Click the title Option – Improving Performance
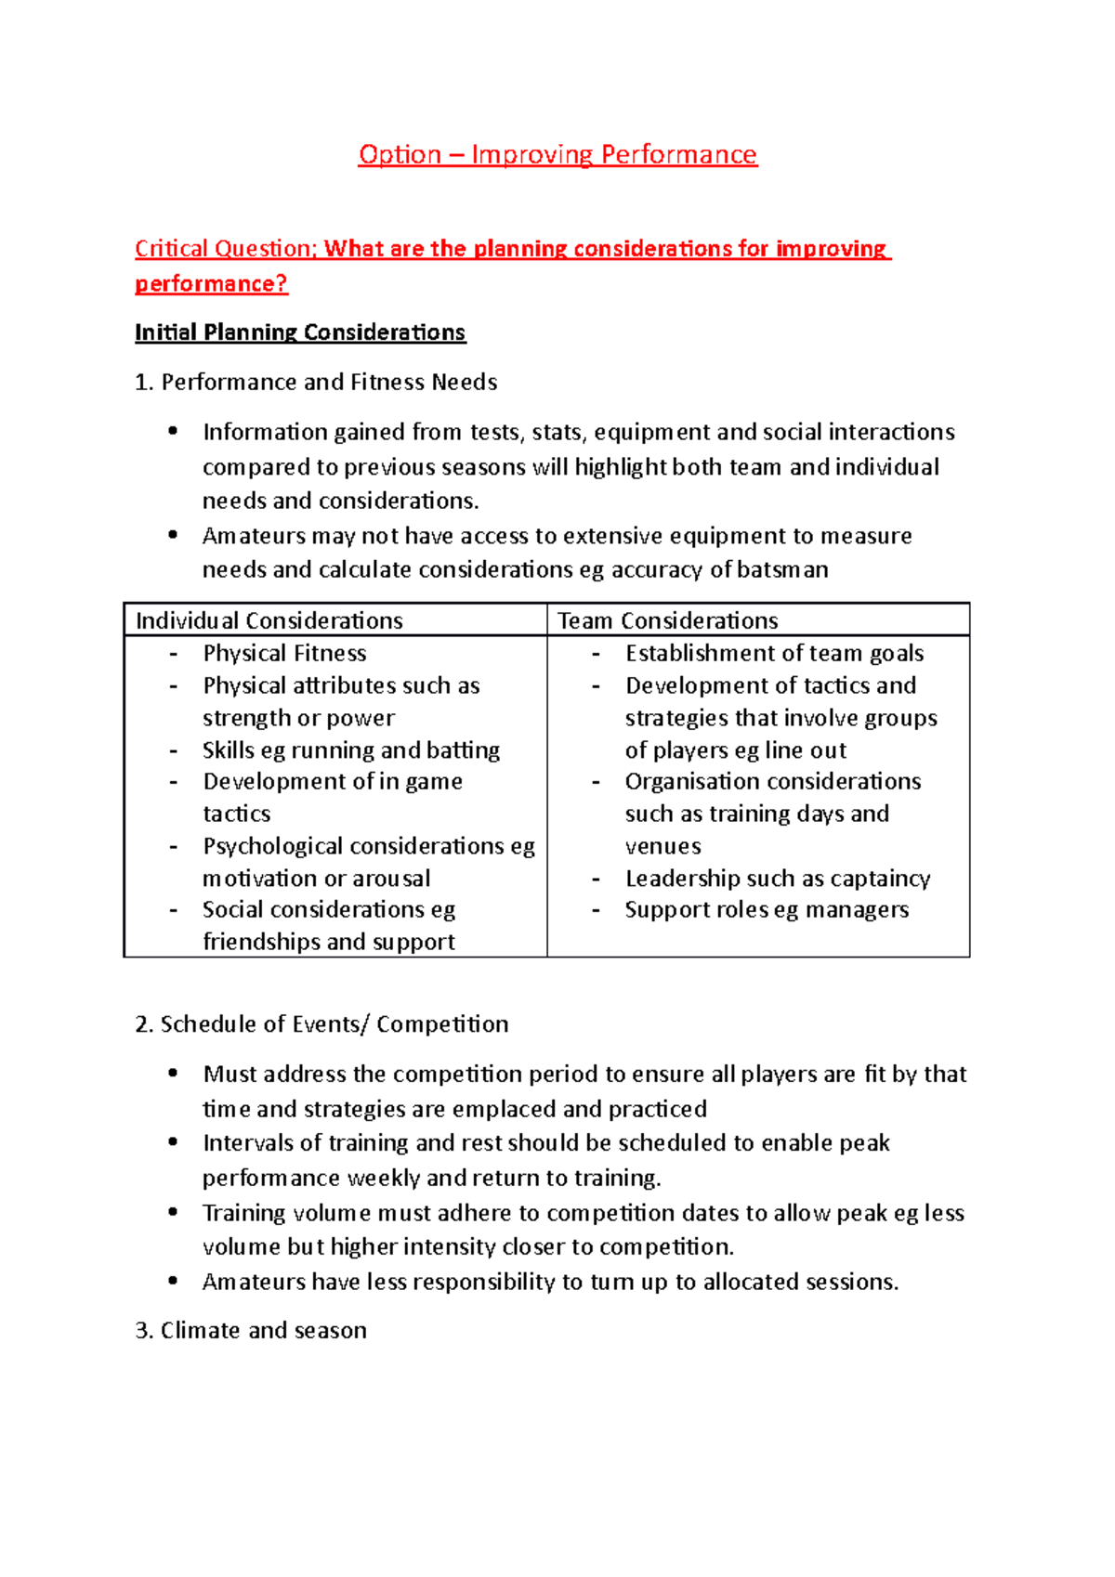click(557, 154)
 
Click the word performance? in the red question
click(211, 283)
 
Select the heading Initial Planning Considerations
click(300, 332)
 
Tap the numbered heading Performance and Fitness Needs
click(328, 382)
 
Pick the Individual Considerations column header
click(269, 620)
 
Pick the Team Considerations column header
click(667, 620)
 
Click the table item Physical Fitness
click(284, 653)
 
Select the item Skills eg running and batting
click(351, 749)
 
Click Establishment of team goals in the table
click(774, 653)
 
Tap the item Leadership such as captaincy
click(778, 878)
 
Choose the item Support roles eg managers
click(767, 909)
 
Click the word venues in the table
click(662, 846)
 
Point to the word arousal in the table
click(390, 878)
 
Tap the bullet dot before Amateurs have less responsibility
click(173, 1281)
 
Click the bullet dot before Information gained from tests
click(173, 431)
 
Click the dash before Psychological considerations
click(174, 846)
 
